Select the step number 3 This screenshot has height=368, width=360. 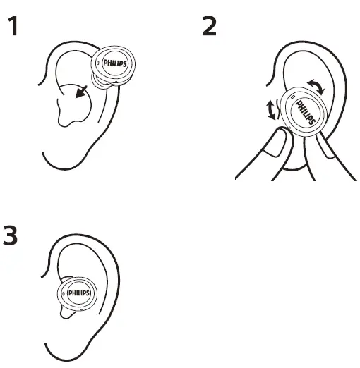(x=11, y=235)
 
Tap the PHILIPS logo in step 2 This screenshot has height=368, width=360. (x=306, y=113)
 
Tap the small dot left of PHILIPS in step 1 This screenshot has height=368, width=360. (x=98, y=63)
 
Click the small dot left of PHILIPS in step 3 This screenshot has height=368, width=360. (x=64, y=292)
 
